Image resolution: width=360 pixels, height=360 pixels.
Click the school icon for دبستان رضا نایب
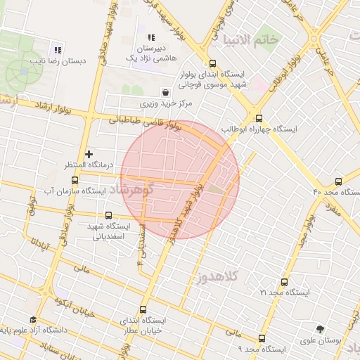(58, 50)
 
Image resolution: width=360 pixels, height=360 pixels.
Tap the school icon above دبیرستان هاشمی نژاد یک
(150, 37)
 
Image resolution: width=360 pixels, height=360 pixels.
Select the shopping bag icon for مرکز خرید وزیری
(165, 91)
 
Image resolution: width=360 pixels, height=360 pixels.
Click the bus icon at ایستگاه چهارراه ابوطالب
(259, 118)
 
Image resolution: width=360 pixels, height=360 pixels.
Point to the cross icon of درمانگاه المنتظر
(89, 154)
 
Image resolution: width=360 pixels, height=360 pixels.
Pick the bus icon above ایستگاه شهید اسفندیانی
(108, 215)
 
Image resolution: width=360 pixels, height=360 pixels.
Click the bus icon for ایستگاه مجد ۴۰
(339, 181)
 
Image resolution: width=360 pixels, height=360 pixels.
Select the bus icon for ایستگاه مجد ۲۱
(284, 281)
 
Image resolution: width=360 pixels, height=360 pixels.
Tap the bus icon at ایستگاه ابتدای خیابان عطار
(143, 309)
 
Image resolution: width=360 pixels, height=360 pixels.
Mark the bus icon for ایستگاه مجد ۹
(262, 337)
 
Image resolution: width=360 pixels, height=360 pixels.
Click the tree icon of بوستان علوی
(321, 328)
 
